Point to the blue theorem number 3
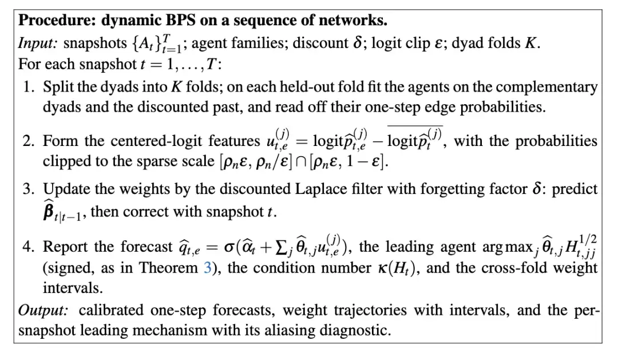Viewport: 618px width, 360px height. (207, 268)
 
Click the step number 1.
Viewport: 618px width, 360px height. (29, 87)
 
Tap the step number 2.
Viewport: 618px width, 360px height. (29, 141)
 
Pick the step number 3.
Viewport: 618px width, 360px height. (29, 189)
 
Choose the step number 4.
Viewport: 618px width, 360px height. (29, 247)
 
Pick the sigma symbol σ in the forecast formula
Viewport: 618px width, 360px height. (229, 248)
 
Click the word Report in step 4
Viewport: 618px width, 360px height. (66, 247)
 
